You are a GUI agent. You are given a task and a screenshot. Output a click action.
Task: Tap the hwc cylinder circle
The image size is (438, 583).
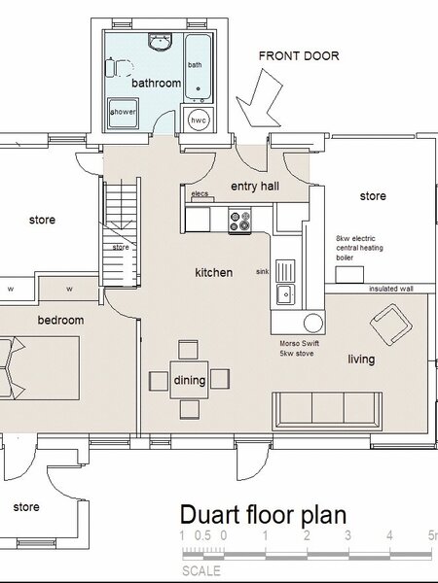pos(199,120)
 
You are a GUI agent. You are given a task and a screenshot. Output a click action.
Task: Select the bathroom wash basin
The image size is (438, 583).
pos(161,41)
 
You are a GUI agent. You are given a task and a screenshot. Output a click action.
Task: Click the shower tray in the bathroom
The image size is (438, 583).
pos(124,114)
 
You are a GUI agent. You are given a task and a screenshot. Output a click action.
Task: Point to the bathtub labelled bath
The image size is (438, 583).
pos(199,69)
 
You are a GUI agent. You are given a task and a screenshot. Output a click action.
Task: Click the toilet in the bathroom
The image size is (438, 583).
pos(119,68)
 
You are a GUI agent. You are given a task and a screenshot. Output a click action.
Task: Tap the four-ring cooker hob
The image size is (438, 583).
pos(239,221)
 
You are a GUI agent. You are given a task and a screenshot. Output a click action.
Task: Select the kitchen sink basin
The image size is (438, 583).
pos(285,294)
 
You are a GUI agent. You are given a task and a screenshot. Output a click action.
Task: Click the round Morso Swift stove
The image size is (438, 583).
pos(313,323)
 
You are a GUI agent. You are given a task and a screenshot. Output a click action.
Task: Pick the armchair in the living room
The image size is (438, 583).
pos(391,324)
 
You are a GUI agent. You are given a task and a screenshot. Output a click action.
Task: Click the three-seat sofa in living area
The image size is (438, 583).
pos(327,411)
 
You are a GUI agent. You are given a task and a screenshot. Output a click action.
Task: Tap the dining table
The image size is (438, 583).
pos(189,380)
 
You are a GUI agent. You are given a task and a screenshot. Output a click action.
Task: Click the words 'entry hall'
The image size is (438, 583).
pos(255,187)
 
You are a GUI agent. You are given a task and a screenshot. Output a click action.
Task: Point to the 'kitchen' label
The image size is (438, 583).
pos(214,272)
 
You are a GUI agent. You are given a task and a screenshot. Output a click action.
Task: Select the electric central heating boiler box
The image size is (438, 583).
pos(349,275)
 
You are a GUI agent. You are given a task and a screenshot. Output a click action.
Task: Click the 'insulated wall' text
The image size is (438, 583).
pos(391,289)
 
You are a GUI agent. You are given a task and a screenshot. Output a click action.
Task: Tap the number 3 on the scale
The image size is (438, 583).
pos(347,535)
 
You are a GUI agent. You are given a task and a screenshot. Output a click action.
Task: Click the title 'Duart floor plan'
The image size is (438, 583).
pos(264,515)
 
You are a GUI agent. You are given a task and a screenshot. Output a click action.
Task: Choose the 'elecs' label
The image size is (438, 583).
pos(200,193)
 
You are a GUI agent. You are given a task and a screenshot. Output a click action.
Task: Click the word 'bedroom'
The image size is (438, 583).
pos(60,320)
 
